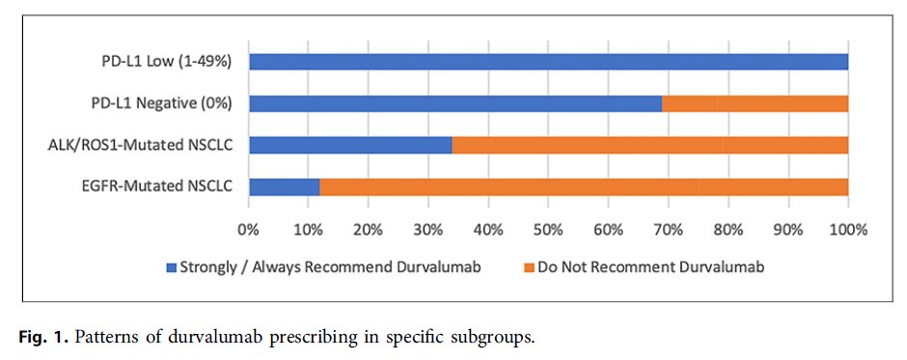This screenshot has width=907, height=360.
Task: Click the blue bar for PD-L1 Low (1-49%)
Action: (x=548, y=62)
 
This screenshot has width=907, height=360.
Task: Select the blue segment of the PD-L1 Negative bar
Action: (x=455, y=103)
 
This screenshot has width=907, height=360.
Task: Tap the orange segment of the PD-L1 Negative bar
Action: (x=756, y=103)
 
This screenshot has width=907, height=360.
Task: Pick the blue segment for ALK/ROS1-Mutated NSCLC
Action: (x=350, y=145)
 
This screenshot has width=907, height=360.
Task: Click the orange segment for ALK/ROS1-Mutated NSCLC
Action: (x=650, y=145)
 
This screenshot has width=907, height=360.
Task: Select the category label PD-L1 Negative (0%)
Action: (x=164, y=103)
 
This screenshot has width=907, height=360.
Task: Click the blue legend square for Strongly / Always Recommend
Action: (x=172, y=267)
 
